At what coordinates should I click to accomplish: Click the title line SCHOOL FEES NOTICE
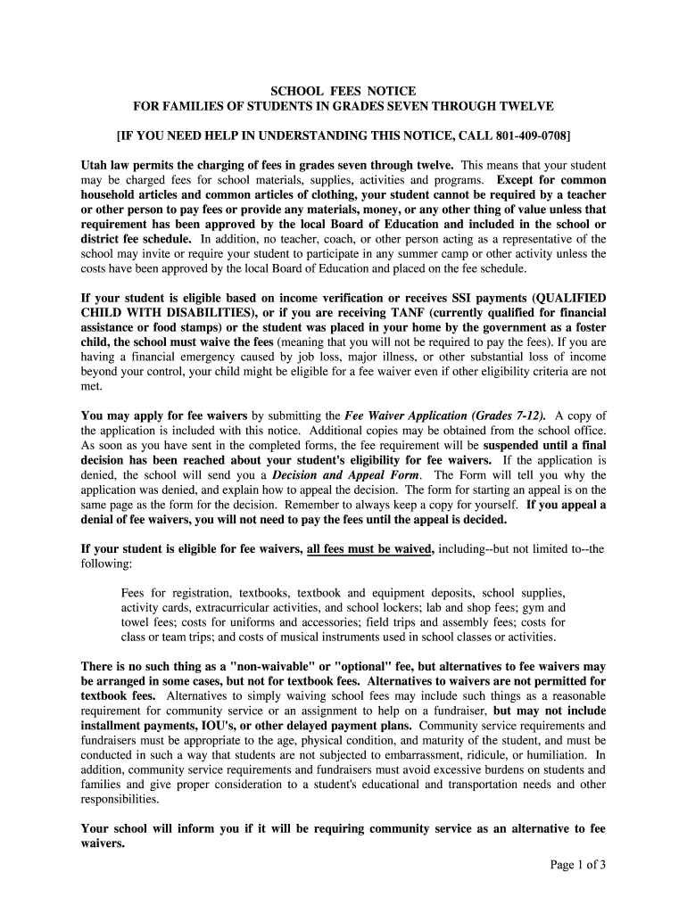coord(343,91)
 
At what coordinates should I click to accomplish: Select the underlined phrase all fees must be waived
coord(369,549)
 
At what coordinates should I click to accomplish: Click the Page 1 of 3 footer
coord(577,864)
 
